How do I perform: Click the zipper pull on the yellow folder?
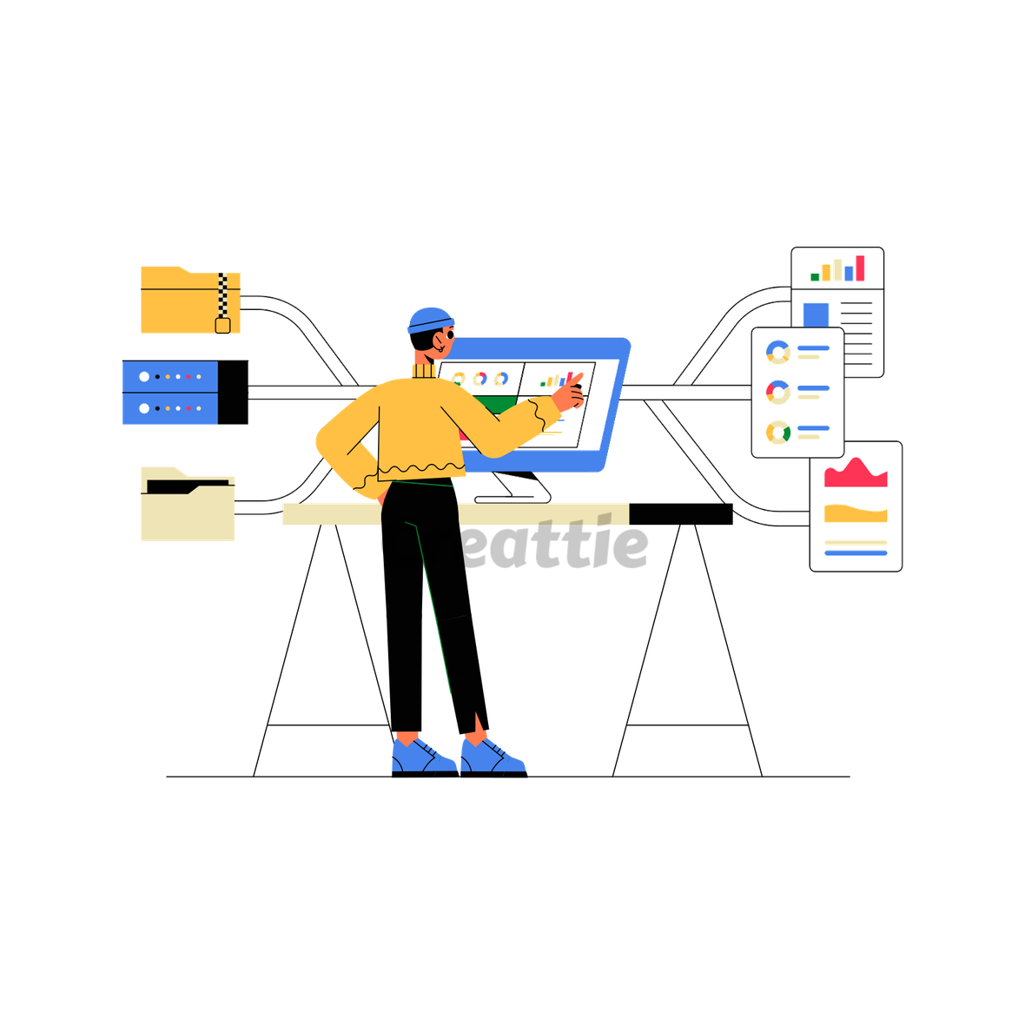coord(222,326)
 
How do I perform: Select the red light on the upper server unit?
coord(188,377)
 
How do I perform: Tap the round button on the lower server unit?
coord(144,407)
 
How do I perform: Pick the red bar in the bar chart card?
coord(860,268)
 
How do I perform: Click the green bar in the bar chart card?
coord(815,277)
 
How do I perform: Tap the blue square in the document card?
coord(816,314)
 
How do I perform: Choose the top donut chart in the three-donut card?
coord(777,352)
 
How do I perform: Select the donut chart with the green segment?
coord(777,431)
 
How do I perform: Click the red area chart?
coord(856,474)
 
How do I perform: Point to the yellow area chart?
coord(856,514)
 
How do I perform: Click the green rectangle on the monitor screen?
coord(495,404)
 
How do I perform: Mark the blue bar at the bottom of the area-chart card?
coord(856,552)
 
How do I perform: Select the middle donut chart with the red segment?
coord(777,392)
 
